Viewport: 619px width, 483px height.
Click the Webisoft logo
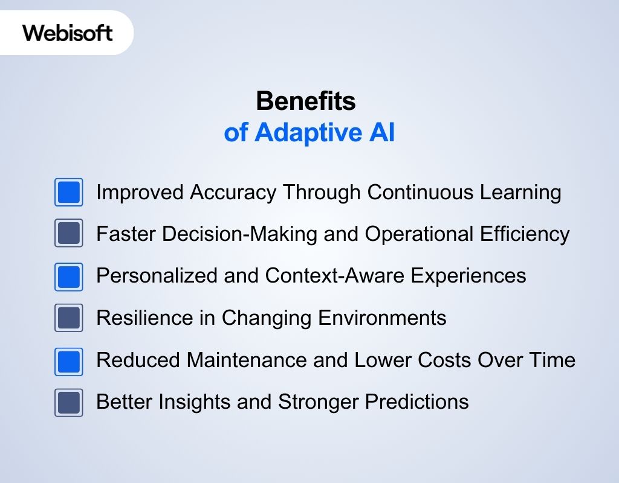68,33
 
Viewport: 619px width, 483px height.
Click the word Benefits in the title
306,101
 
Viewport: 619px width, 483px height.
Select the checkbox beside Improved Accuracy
69,192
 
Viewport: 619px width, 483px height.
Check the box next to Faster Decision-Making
69,234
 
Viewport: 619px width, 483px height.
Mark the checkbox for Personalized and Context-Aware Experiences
69,276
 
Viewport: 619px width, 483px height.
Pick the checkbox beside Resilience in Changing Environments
69,318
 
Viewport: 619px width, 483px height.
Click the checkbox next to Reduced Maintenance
69,360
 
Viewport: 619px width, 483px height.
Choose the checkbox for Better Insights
69,402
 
